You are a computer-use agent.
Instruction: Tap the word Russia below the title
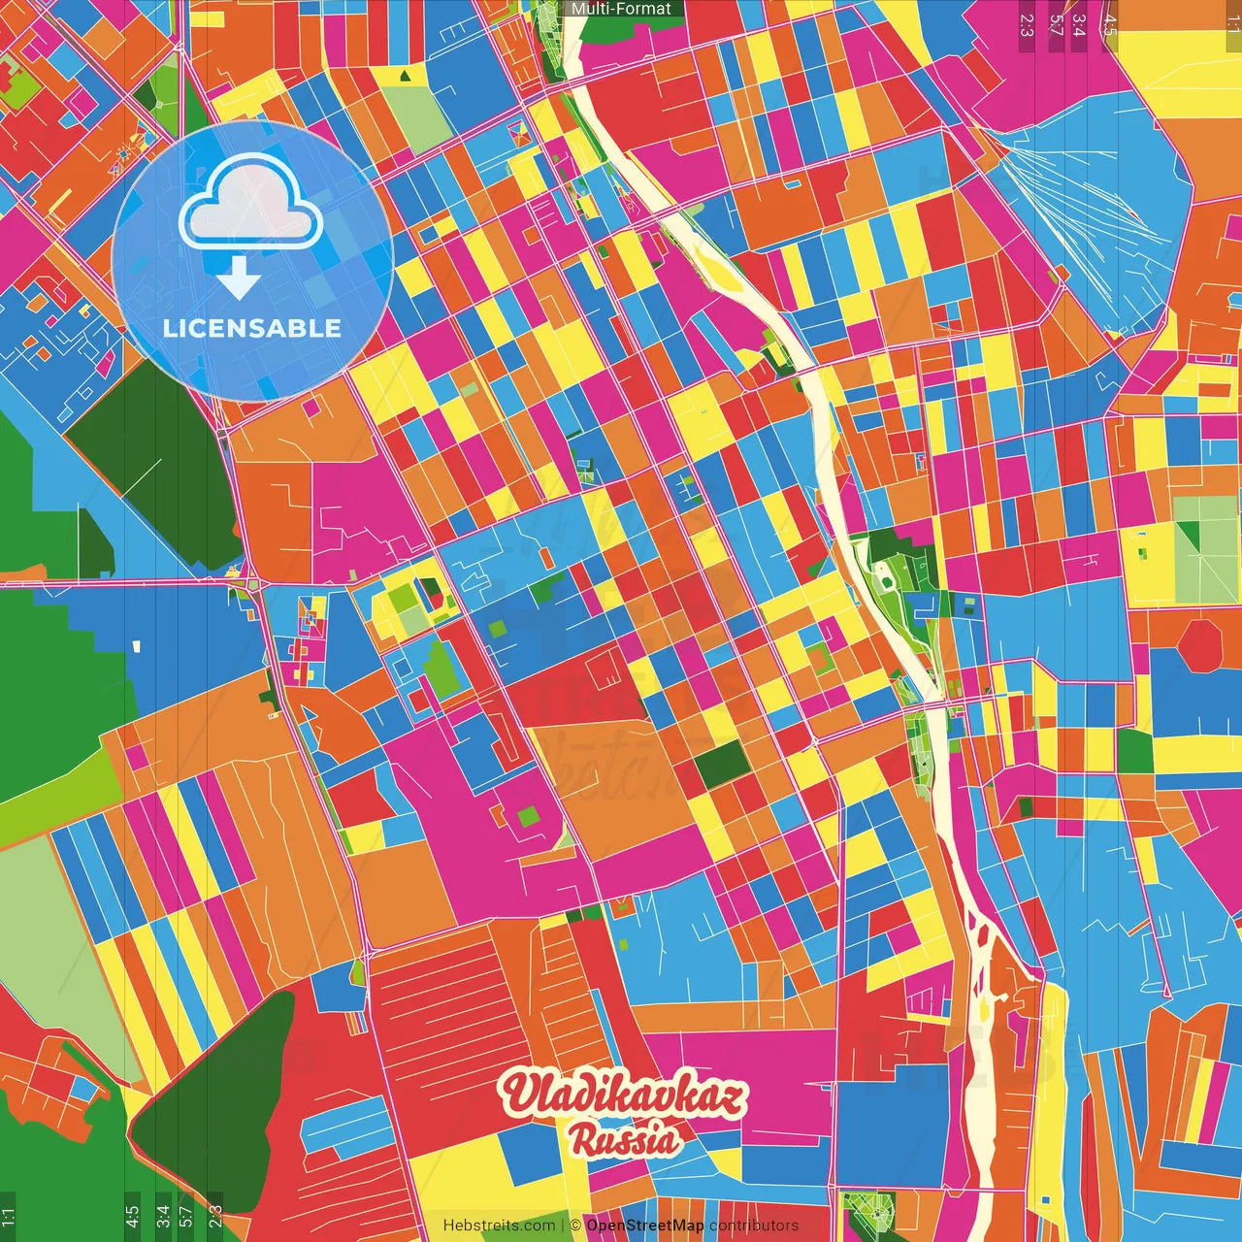coord(624,1140)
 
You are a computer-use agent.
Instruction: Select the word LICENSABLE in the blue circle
coord(252,328)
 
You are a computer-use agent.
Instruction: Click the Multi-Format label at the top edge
coord(621,9)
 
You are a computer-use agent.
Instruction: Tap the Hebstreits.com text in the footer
coord(500,1226)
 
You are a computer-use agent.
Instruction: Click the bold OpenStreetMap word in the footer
coord(644,1226)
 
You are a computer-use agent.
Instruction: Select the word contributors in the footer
coord(754,1226)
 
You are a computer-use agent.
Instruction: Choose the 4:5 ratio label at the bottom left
coord(132,1217)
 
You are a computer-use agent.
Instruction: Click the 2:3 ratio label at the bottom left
coord(215,1217)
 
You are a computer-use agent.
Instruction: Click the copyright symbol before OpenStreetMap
coord(575,1226)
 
